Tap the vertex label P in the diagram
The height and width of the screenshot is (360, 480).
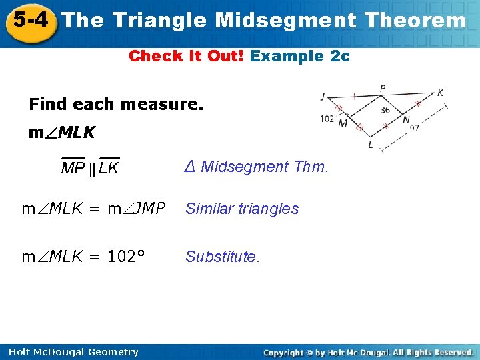coord(382,88)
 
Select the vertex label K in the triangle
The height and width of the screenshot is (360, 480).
coord(440,93)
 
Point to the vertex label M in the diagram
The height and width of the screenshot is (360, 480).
coord(343,123)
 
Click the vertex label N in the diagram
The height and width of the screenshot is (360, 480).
coord(405,121)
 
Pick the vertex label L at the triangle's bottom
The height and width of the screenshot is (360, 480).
coord(371,145)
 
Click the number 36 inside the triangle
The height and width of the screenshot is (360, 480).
coord(385,110)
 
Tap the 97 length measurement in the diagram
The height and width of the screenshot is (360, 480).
coord(414,128)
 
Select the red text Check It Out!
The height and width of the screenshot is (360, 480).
coord(187,56)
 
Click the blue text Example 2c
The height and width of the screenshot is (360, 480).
coord(300,56)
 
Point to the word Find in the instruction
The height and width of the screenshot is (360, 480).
coord(49,105)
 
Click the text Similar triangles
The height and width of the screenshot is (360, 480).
coord(242,209)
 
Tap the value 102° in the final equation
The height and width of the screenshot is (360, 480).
coord(127,257)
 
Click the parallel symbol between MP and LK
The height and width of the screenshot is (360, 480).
coord(92,169)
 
